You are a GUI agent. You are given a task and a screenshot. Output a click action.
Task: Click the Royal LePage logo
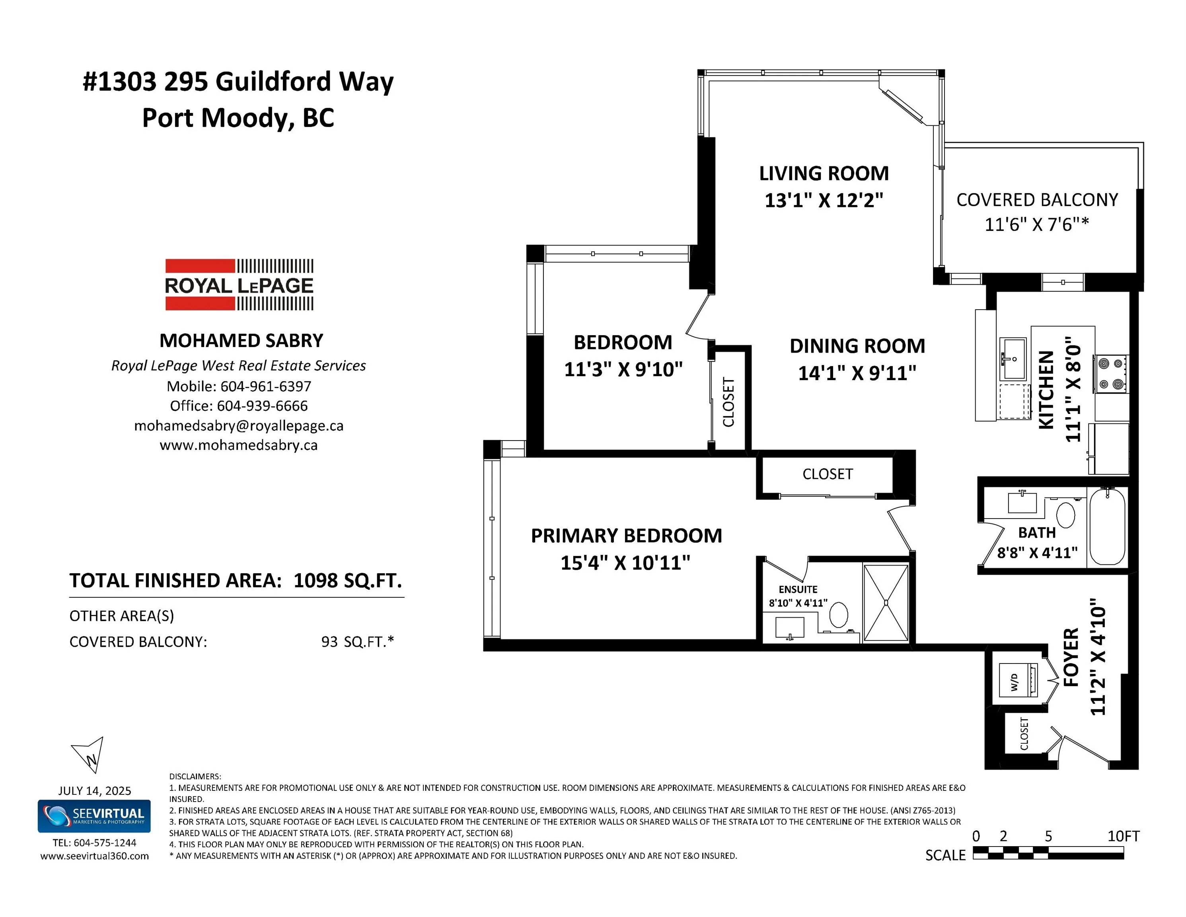coord(239,285)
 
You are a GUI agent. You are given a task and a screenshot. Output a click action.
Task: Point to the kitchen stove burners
coord(1110,374)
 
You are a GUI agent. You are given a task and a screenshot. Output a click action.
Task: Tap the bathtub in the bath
coord(1107,527)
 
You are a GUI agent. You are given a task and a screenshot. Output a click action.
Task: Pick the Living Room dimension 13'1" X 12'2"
coord(824,201)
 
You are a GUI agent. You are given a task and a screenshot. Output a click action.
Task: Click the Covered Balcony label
coord(1037,200)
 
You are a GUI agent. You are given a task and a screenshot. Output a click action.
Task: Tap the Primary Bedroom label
coord(626,536)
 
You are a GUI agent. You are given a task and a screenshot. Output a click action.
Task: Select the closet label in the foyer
coord(1024,734)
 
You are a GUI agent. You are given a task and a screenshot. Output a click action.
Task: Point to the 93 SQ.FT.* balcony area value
coord(357,642)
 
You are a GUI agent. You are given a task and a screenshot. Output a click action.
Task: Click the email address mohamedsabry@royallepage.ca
coord(239,425)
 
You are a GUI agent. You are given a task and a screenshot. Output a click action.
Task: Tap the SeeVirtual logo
coord(94,816)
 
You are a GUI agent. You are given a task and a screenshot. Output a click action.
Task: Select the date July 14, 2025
coord(94,790)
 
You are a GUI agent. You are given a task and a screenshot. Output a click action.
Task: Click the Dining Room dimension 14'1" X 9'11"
coord(857,373)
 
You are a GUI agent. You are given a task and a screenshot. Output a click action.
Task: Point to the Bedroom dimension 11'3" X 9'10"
coord(623,369)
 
